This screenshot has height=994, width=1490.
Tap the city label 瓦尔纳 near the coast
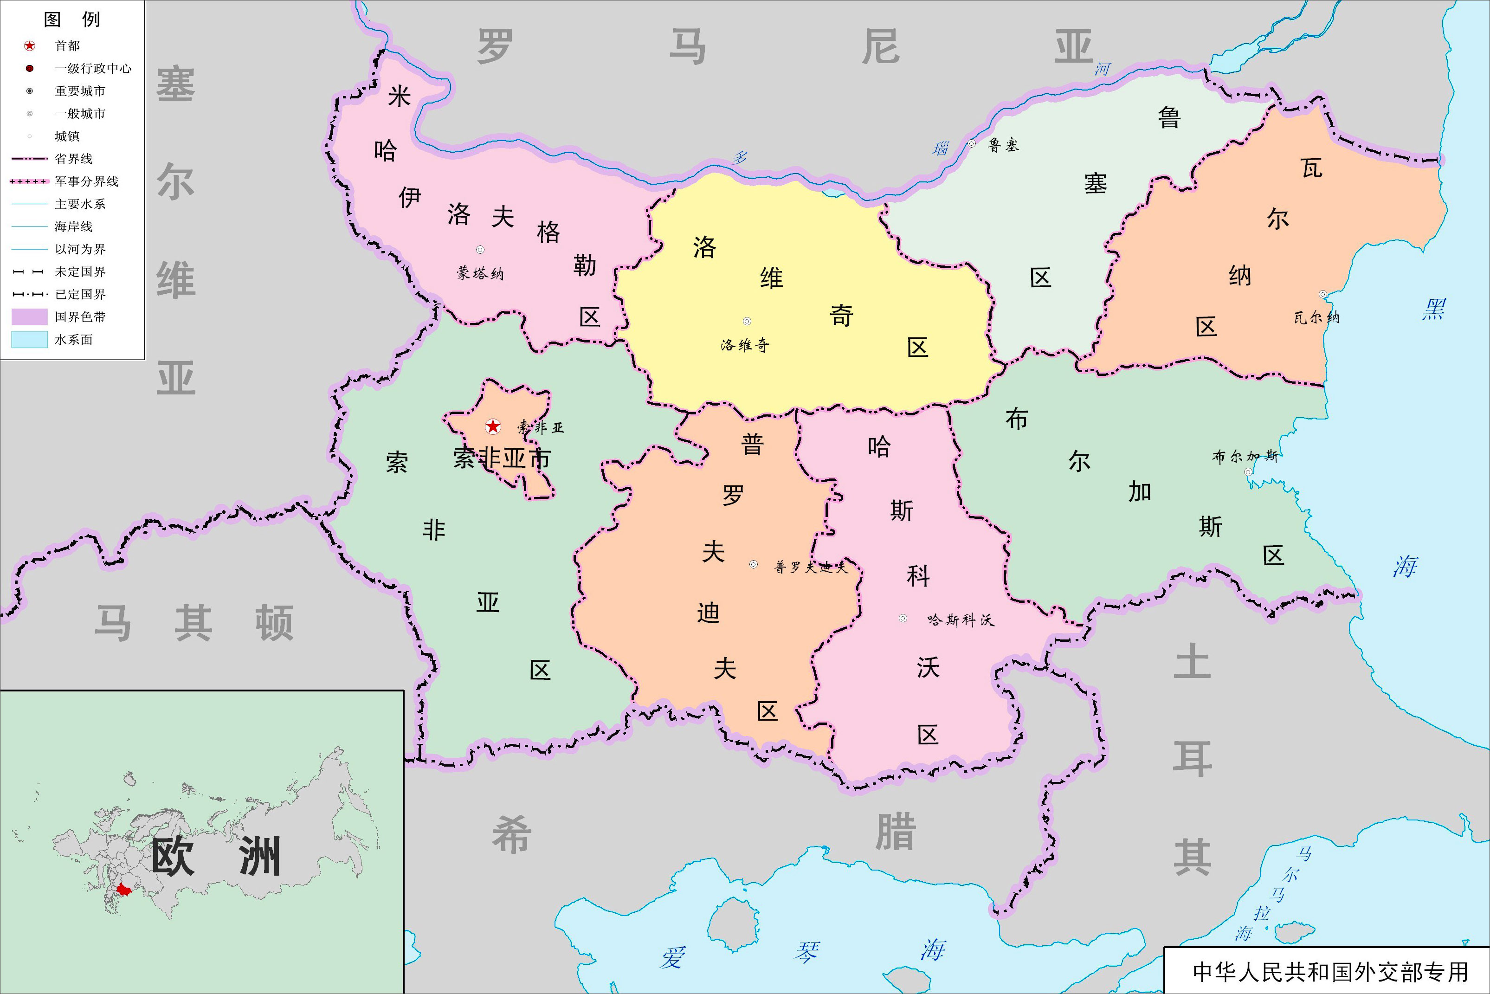[x=1316, y=317]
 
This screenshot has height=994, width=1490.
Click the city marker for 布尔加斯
[x=1248, y=471]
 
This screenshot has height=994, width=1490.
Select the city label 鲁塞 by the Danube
[x=1003, y=146]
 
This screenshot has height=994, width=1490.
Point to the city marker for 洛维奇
[x=747, y=322]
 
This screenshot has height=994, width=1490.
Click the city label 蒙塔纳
[x=480, y=273]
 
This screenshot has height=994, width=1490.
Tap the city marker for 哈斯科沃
[x=903, y=618]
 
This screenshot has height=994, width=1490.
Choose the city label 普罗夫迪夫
[x=811, y=568]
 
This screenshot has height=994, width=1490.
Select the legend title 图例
[x=71, y=19]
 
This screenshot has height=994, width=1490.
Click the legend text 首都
[x=67, y=45]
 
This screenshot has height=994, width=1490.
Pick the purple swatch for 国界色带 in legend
[x=29, y=317]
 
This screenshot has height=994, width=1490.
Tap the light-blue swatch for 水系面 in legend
[x=29, y=340]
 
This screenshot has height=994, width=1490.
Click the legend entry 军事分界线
[x=86, y=181]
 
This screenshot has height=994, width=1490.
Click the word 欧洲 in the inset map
[x=215, y=857]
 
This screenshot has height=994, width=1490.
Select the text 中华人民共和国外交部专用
[x=1329, y=972]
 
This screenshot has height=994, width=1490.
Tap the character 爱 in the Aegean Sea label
[x=673, y=958]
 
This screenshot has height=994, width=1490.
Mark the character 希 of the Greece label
[x=511, y=834]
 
